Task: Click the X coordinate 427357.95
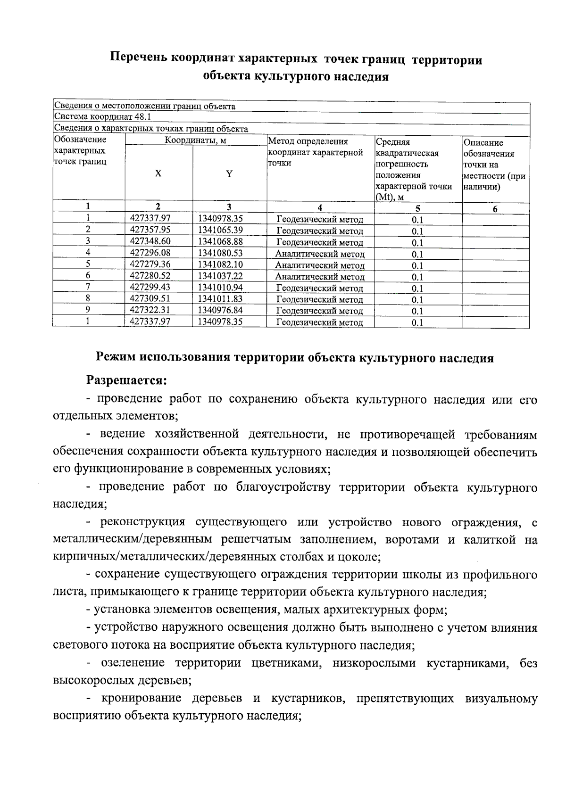(150, 230)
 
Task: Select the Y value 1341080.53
(221, 253)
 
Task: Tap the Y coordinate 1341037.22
(221, 276)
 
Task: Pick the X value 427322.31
(150, 310)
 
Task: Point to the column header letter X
(158, 173)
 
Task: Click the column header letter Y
(229, 174)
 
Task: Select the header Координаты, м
(195, 140)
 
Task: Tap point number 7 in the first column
(88, 287)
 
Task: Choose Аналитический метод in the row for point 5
(320, 265)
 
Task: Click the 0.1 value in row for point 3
(417, 243)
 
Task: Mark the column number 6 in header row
(495, 209)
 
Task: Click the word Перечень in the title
(138, 59)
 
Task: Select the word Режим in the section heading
(115, 357)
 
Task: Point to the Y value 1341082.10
(221, 264)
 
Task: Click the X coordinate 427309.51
(150, 298)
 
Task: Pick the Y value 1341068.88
(221, 241)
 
